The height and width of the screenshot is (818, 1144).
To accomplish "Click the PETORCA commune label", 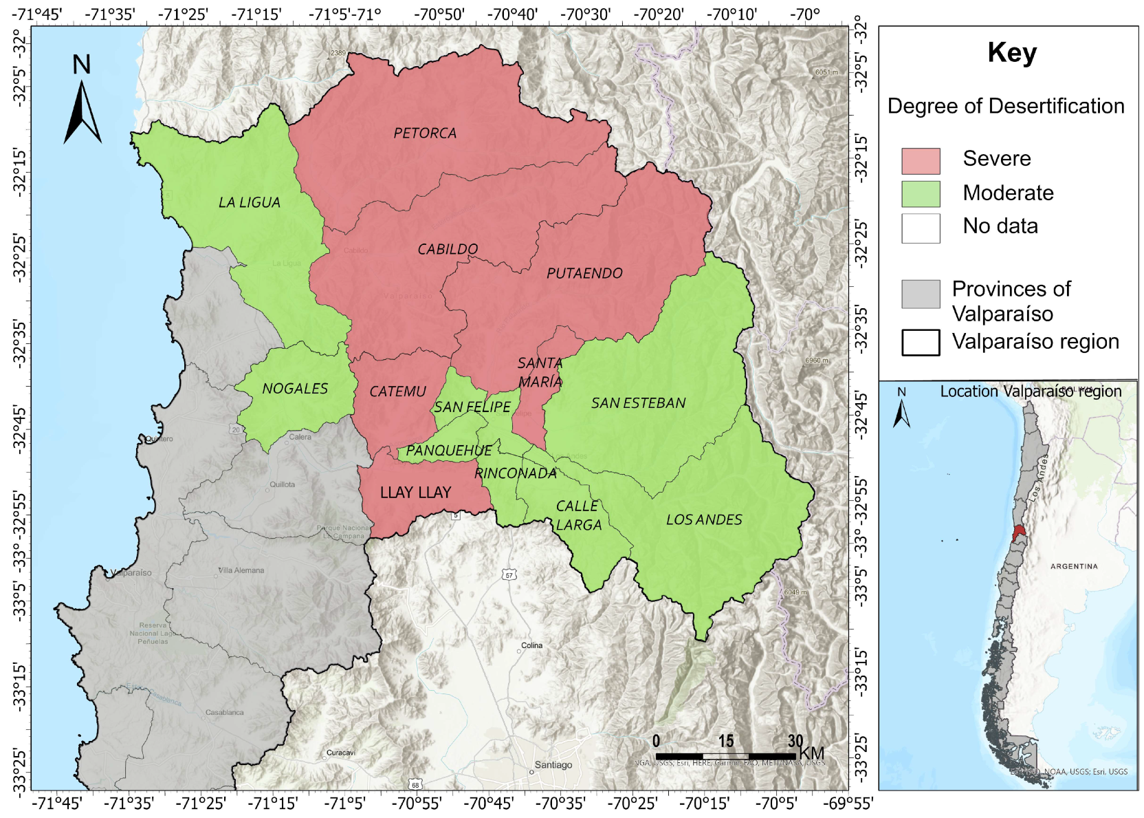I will pos(425,133).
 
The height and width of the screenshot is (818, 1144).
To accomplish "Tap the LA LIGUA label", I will pos(249,202).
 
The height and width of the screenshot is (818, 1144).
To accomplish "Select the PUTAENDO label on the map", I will pos(584,273).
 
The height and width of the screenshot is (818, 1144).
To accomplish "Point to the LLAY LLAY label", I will pos(415,493).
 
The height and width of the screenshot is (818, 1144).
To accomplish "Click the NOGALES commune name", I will pos(295,389).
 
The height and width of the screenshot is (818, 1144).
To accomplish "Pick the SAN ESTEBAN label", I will pos(638,403).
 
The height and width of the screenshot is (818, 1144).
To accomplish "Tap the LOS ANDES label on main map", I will pos(704,520).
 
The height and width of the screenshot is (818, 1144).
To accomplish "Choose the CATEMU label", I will pos(397,391).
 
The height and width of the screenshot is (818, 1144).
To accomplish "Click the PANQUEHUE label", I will pos(448,451).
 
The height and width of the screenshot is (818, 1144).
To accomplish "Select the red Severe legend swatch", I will pos(921,161).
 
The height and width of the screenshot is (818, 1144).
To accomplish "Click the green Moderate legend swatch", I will pos(921,194).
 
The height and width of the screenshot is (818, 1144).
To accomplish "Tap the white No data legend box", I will pos(921,228).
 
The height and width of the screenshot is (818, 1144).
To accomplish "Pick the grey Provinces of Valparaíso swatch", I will pos(921,294).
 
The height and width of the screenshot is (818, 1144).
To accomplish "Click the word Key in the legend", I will pos(1011,53).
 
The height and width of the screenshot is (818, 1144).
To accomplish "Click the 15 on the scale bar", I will pos(726,741).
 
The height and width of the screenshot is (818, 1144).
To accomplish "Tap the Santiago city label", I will pos(553,765).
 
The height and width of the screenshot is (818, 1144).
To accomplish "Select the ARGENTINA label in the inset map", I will pos(1074,566).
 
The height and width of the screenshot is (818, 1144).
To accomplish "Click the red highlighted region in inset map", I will pos(1019,532).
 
